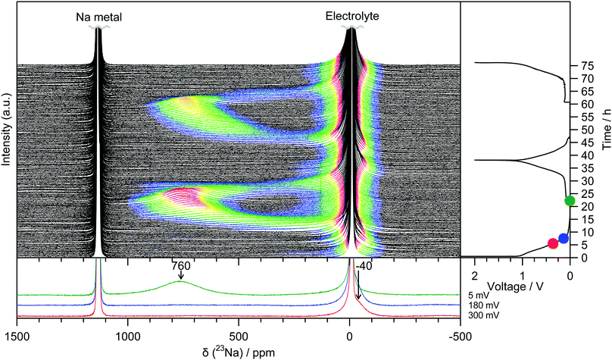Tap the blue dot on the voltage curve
pos(564,239)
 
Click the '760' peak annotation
pos(181,266)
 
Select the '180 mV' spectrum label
pos(475,305)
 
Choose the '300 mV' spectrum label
pos(475,315)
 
